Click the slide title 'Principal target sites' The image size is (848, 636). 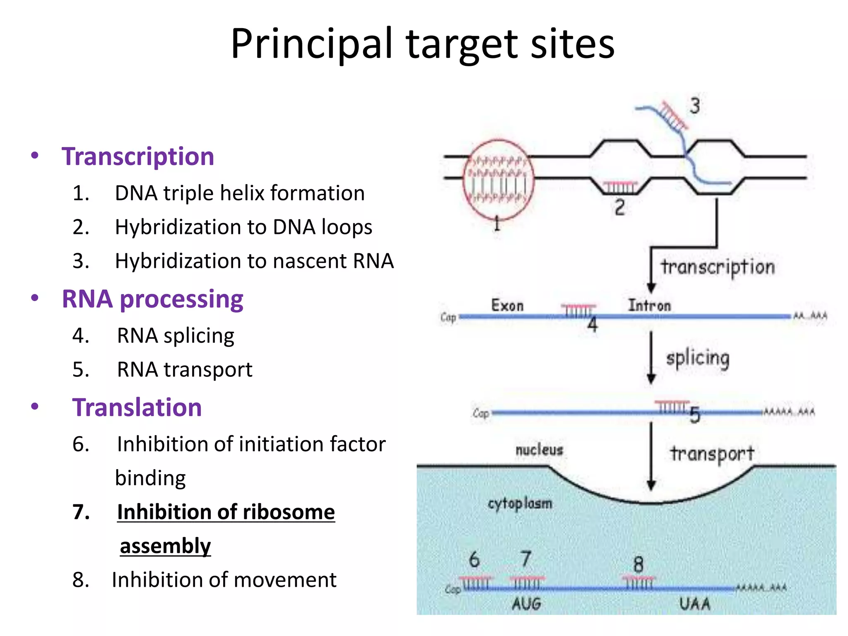point(422,43)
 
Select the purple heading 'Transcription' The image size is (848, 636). point(137,157)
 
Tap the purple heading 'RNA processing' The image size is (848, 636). point(152,299)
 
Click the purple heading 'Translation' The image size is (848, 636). point(137,407)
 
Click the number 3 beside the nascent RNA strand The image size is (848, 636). point(694,106)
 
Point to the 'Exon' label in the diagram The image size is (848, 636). point(507,306)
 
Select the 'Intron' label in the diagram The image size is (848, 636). point(649,306)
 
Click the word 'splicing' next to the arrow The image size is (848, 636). point(698,359)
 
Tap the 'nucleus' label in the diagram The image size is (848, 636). point(539,450)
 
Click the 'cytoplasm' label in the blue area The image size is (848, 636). point(520,504)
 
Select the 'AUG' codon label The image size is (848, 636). point(526,604)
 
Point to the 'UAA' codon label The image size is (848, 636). point(695,604)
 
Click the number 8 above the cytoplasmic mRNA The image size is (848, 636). point(638,565)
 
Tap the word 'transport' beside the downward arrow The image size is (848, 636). point(712,454)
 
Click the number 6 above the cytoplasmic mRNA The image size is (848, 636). point(474,559)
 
